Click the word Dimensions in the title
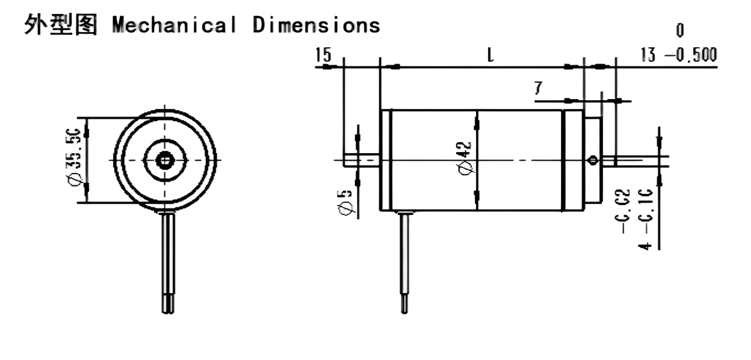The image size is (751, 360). click(316, 24)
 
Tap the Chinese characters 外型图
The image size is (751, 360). click(61, 24)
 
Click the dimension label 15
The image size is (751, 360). click(323, 55)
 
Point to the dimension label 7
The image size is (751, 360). click(538, 89)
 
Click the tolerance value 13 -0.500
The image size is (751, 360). click(678, 55)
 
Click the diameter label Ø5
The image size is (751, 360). click(346, 201)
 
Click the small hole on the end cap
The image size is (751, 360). click(593, 160)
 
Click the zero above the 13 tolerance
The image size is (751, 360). click(680, 30)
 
